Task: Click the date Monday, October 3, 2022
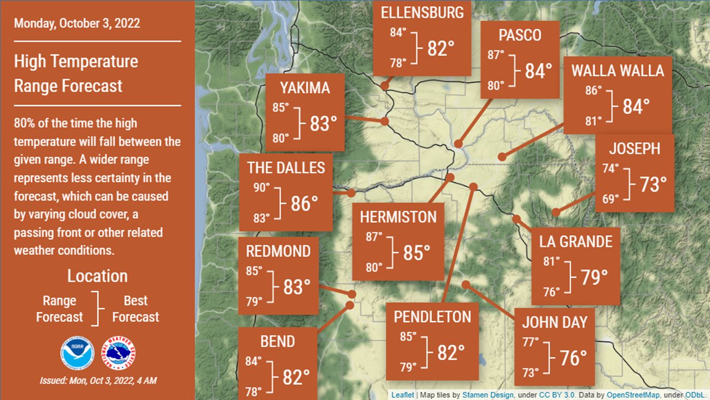(77, 24)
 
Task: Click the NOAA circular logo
(78, 353)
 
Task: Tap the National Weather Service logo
(119, 353)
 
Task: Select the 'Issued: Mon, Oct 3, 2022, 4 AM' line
(98, 381)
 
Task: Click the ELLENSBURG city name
(422, 13)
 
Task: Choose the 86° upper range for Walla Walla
(593, 90)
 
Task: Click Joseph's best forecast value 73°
(653, 184)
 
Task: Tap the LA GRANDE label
(576, 241)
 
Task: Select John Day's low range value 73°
(530, 372)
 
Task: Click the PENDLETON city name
(432, 317)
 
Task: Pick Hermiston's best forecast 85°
(417, 253)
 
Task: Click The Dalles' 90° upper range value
(261, 188)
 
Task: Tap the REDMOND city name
(278, 251)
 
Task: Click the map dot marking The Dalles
(351, 193)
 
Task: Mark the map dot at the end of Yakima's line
(384, 121)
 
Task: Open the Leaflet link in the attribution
(402, 395)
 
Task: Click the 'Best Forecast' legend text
(135, 309)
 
